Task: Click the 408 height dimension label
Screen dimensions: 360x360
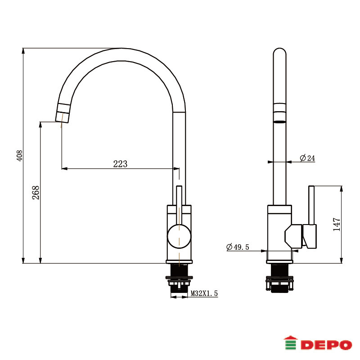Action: pyautogui.click(x=19, y=155)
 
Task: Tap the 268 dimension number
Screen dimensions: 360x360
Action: pyautogui.click(x=36, y=193)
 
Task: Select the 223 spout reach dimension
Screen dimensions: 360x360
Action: pyautogui.click(x=120, y=164)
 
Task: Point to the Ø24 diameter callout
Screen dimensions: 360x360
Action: pyautogui.click(x=307, y=158)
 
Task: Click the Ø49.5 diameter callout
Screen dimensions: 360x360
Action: pyautogui.click(x=238, y=247)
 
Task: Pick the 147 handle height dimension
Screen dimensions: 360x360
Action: pyautogui.click(x=337, y=224)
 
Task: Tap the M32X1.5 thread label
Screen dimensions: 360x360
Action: pyautogui.click(x=204, y=293)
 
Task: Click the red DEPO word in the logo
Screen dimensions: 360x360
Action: pyautogui.click(x=326, y=345)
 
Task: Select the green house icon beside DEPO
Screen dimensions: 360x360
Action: pyautogui.click(x=290, y=343)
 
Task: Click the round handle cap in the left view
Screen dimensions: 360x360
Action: pyautogui.click(x=179, y=237)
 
